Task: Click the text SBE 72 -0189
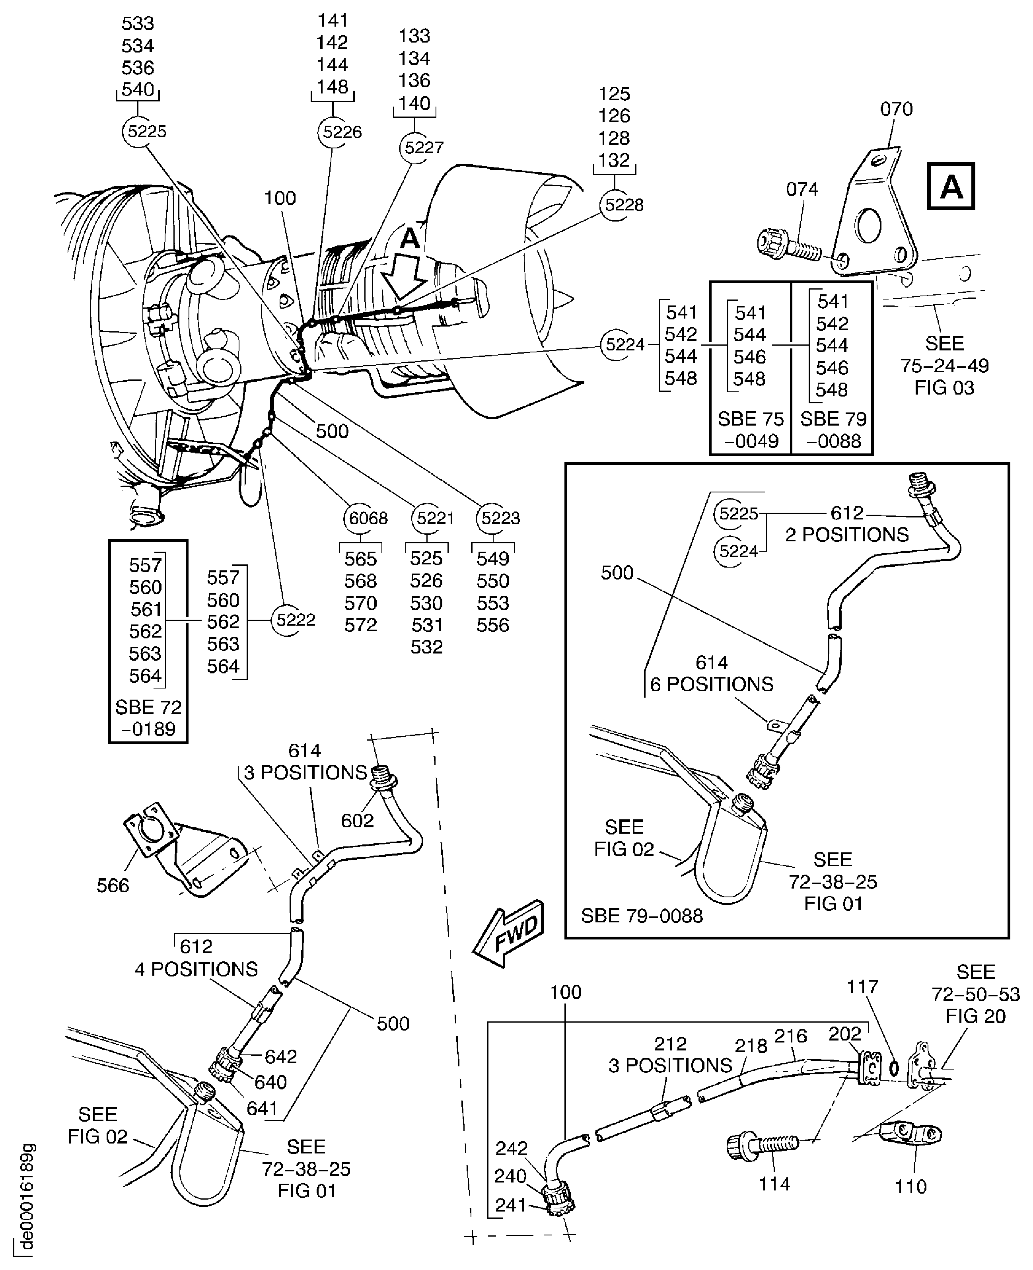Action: pos(148,718)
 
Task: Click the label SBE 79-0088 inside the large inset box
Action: pos(642,916)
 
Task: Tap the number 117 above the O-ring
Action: pos(862,987)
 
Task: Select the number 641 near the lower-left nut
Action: pos(262,1108)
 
